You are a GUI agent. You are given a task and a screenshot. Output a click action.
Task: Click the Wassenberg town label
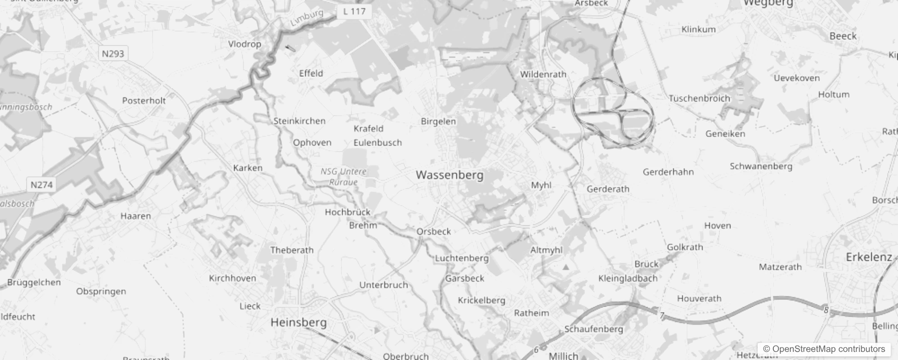pos(449,175)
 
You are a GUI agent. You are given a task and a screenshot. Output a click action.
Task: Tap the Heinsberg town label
pos(299,322)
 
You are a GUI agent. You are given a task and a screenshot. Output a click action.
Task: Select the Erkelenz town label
pos(869,257)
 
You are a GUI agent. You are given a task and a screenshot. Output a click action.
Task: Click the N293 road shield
pos(113,54)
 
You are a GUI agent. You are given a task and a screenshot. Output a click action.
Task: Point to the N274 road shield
pos(41,184)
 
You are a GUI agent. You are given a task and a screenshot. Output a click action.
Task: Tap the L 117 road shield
pos(354,11)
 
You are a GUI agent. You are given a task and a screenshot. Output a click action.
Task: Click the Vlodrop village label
pos(245,44)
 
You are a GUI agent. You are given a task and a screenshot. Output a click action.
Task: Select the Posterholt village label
pos(144,100)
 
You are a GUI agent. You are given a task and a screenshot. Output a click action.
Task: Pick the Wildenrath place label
pos(543,74)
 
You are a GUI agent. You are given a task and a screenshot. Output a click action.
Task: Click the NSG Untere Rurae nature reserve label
pos(344,177)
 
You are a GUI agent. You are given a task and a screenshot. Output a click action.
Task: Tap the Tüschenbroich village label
pos(699,98)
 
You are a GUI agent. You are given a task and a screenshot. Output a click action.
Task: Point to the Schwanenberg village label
pos(761,166)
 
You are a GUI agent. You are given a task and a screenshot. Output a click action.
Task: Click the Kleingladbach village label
pos(628,278)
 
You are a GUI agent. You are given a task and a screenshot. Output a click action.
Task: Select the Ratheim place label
pos(531,313)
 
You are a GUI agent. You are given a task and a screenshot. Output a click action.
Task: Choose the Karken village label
pos(247,168)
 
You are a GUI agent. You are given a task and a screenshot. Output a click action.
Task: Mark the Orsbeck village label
pos(434,231)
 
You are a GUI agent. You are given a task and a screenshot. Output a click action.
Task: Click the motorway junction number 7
pos(662,315)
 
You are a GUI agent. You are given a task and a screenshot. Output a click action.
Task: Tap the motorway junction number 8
pos(826,310)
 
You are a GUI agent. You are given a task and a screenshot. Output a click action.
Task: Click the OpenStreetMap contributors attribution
pos(824,349)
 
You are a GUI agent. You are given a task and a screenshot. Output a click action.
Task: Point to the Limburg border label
pos(307,18)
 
